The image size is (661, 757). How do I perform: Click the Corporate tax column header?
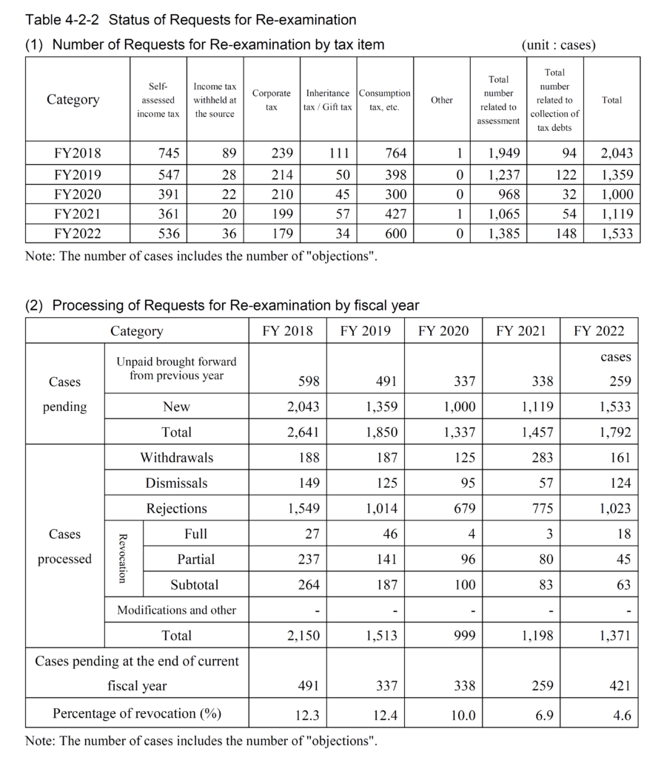click(271, 100)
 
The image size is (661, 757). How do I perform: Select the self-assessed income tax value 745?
click(168, 154)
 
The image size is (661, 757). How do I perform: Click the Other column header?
click(441, 100)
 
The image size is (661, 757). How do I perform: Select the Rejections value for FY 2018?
click(303, 509)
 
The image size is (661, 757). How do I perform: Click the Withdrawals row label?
click(176, 458)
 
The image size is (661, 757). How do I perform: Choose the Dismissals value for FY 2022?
click(620, 483)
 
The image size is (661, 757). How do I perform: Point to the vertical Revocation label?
click(124, 559)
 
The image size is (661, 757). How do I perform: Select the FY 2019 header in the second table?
click(365, 330)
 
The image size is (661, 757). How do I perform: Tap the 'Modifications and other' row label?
click(176, 611)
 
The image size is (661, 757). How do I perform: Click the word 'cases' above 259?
click(615, 357)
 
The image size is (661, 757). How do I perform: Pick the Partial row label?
click(195, 559)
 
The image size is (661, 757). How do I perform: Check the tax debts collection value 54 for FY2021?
click(566, 214)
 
